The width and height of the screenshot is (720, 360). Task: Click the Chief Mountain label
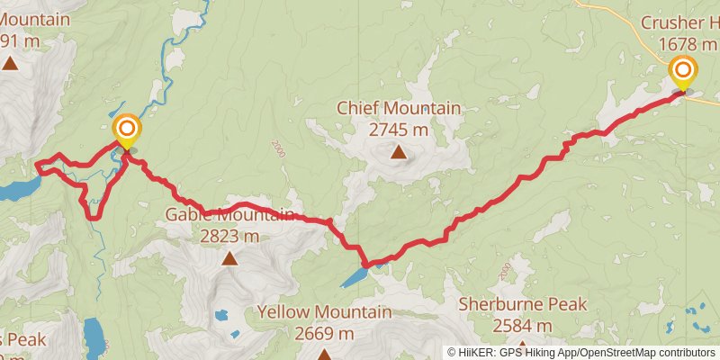click(399, 108)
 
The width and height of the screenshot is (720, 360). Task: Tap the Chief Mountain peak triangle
click(398, 152)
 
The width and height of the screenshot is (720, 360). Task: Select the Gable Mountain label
click(229, 215)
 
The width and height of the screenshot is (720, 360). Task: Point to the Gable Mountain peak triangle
click(229, 259)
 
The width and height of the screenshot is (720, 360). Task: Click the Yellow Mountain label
click(324, 312)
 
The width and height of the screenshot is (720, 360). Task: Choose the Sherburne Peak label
click(522, 304)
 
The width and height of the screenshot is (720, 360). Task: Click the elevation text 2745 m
click(399, 129)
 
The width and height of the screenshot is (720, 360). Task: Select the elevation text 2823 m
click(229, 236)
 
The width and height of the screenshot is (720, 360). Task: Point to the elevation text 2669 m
click(324, 333)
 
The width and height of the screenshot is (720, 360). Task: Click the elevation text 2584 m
click(522, 325)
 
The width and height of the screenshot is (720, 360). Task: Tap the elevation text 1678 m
click(688, 42)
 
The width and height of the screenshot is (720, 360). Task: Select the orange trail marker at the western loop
click(126, 129)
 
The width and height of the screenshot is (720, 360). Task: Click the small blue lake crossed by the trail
click(354, 275)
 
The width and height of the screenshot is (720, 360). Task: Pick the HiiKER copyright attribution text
click(583, 353)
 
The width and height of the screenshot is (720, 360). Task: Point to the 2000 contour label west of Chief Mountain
click(277, 149)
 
